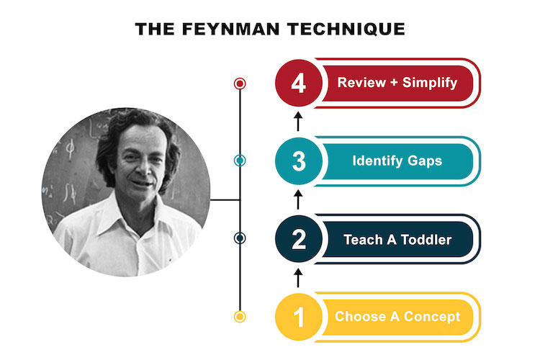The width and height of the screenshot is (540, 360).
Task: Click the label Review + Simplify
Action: tap(397, 83)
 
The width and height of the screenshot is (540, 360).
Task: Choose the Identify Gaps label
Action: tap(397, 161)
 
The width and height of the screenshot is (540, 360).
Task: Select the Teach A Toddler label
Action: tap(397, 239)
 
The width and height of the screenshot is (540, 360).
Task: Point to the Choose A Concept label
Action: tap(397, 316)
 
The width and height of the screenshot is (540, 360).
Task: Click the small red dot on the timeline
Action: tap(240, 84)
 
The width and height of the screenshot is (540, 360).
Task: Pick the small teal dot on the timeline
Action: tap(240, 161)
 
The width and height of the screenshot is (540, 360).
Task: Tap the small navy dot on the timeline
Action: tap(240, 238)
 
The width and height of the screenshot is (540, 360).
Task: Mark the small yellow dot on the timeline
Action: tap(240, 316)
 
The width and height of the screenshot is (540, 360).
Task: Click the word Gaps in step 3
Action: tap(424, 161)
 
